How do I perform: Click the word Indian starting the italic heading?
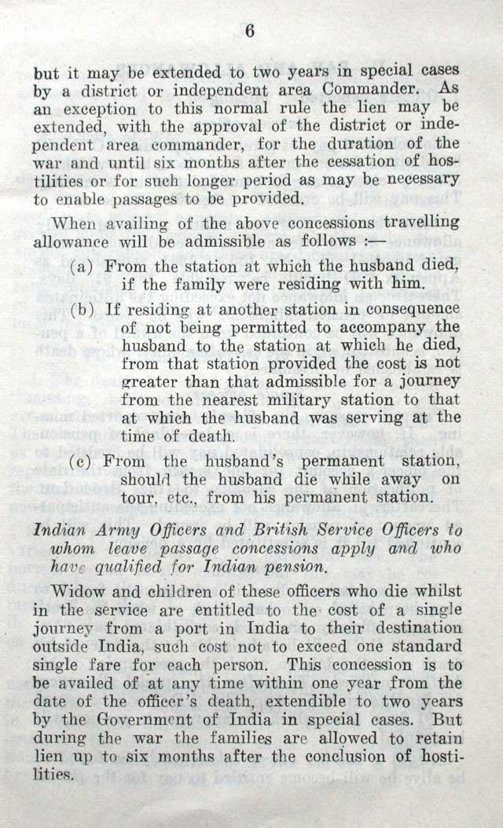tap(60, 530)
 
